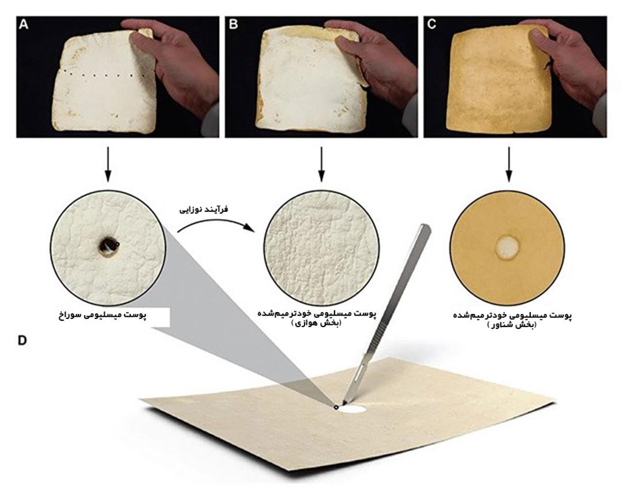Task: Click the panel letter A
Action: (24, 25)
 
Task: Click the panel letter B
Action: (233, 25)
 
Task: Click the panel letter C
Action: (431, 25)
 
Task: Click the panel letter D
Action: (22, 340)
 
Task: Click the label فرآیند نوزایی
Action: (204, 209)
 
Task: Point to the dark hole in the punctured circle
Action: (108, 245)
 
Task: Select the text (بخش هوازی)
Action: (317, 323)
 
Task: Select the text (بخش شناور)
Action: (511, 325)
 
